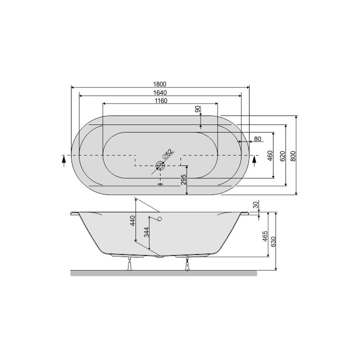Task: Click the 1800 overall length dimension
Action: tap(160, 84)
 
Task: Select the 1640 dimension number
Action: tap(160, 93)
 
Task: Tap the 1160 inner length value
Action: tap(161, 101)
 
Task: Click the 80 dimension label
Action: tap(258, 139)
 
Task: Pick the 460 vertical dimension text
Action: tap(270, 155)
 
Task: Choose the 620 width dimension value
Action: tap(282, 156)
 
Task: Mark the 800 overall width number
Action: tap(293, 156)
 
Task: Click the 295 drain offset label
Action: tap(183, 179)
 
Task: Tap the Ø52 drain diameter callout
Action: tap(167, 154)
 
